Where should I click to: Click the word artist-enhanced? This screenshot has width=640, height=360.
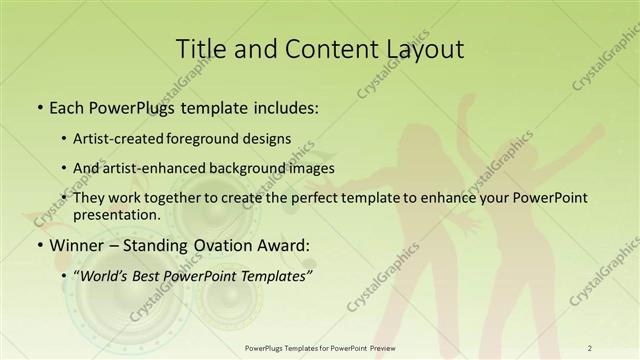click(x=179, y=168)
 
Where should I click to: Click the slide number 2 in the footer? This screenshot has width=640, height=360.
click(x=590, y=348)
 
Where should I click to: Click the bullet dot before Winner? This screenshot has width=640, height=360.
click(x=39, y=245)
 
